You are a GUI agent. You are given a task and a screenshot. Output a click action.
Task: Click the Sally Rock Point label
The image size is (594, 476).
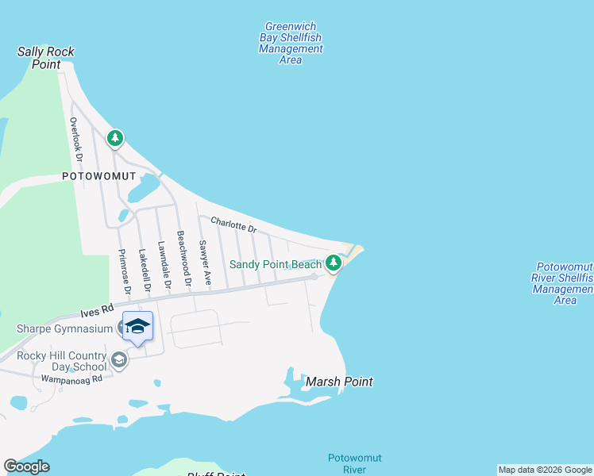[x=46, y=58]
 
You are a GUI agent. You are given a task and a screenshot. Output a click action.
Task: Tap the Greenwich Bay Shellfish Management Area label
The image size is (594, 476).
[x=291, y=43]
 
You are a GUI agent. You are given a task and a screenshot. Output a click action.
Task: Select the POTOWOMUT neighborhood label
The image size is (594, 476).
[x=99, y=176]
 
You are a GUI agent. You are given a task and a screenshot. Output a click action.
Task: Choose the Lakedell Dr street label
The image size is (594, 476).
[x=144, y=269]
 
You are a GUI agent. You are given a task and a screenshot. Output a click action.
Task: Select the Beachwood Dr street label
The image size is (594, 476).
[x=184, y=259]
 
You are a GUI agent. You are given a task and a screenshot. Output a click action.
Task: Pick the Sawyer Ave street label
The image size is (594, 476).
[x=205, y=263]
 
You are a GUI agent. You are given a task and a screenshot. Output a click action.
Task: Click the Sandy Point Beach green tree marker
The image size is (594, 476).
[x=334, y=263]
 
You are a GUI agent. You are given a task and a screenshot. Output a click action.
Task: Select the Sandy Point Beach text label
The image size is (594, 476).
[x=275, y=264]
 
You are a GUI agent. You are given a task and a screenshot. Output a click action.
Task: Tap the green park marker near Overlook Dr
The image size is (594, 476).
[x=115, y=139]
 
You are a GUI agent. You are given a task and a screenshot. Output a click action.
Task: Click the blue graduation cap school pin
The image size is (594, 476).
[x=137, y=325]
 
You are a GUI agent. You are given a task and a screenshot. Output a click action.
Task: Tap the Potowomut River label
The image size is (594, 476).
[x=346, y=463]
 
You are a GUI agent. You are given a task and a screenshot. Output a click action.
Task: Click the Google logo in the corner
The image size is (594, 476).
[x=26, y=466]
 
